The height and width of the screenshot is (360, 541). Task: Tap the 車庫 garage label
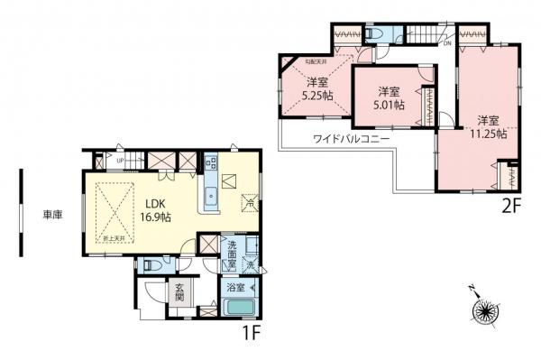(52, 215)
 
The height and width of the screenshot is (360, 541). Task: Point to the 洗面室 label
(232, 249)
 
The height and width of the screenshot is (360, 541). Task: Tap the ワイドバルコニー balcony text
(352, 139)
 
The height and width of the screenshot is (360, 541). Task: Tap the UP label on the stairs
(119, 161)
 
